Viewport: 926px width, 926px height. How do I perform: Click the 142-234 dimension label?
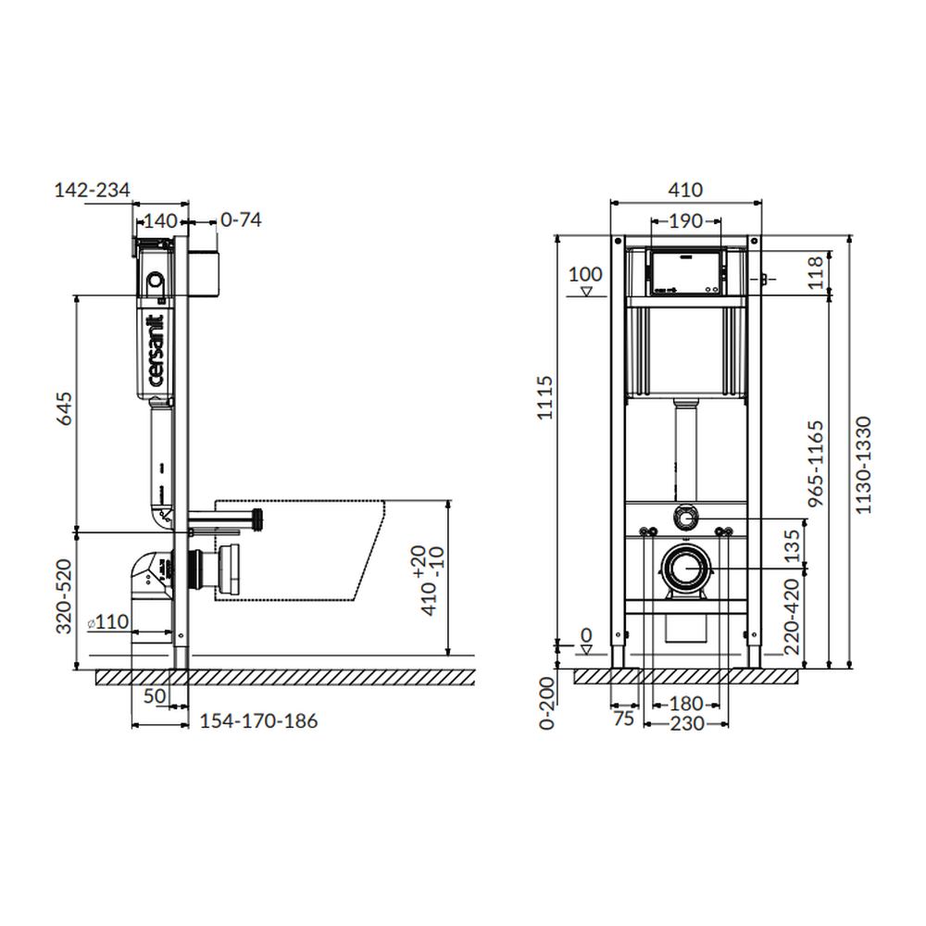click(x=92, y=190)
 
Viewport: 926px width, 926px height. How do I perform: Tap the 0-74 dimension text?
click(x=241, y=219)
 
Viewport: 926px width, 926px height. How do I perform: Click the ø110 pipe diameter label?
click(x=108, y=621)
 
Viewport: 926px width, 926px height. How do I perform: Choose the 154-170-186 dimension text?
click(x=258, y=721)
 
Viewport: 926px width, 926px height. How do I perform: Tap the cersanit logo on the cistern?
click(x=156, y=350)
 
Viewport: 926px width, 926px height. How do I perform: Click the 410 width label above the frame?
click(x=685, y=190)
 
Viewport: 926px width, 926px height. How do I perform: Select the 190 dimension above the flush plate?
click(x=685, y=221)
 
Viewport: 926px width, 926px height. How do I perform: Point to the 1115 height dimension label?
click(x=544, y=397)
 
